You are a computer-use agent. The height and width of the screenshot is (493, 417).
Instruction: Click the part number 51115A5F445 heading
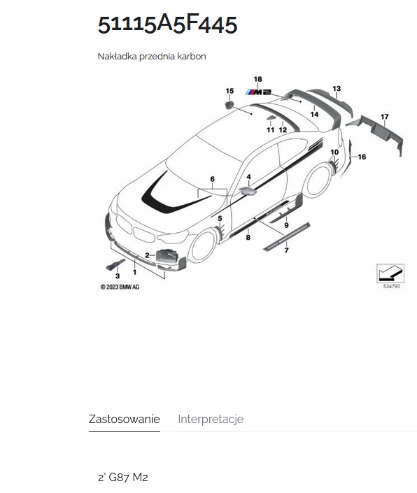click(x=167, y=23)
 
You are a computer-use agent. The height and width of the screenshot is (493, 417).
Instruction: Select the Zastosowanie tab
click(x=124, y=420)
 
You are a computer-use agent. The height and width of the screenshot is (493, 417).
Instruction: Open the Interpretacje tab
click(x=211, y=420)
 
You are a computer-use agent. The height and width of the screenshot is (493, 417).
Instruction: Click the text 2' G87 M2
click(x=122, y=478)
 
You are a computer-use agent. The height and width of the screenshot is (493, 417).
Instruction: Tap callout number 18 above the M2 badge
click(x=257, y=80)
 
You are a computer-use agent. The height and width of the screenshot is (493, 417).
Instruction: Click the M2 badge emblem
click(x=257, y=92)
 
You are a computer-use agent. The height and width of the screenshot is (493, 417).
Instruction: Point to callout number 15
click(x=229, y=92)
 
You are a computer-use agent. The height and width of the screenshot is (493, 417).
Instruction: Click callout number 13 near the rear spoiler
click(x=337, y=89)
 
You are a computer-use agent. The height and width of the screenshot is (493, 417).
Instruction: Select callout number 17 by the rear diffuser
click(x=384, y=116)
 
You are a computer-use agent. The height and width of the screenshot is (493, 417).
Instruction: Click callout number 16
click(x=362, y=157)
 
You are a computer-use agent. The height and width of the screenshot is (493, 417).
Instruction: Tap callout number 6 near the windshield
click(x=212, y=180)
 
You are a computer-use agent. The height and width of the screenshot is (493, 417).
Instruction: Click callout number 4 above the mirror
click(x=248, y=178)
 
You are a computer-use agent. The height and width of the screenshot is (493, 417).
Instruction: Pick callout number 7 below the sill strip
click(x=285, y=250)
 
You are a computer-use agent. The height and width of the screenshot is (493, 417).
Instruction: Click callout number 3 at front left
click(x=118, y=277)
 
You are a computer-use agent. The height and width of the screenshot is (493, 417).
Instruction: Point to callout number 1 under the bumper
click(x=134, y=271)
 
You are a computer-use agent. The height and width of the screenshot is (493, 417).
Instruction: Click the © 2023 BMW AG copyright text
click(x=120, y=287)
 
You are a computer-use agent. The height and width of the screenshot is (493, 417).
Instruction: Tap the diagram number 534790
click(x=391, y=286)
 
